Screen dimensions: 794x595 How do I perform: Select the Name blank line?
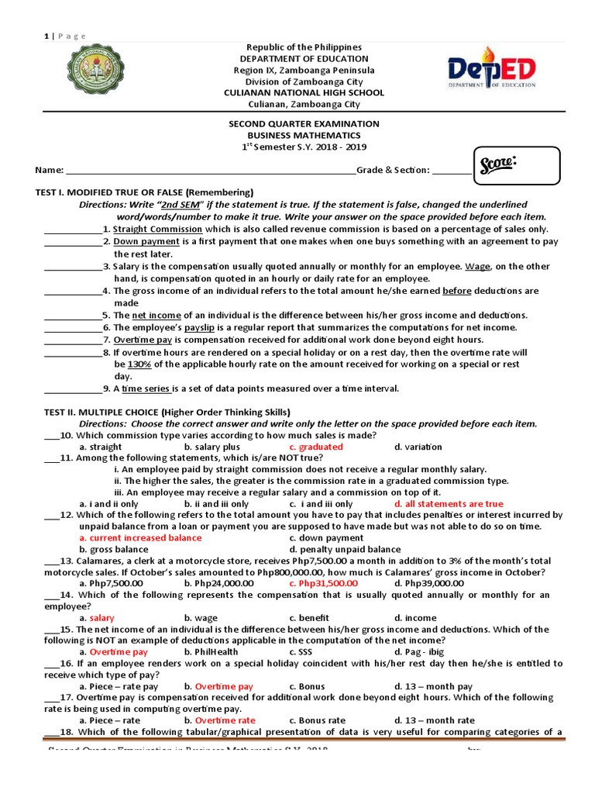210,171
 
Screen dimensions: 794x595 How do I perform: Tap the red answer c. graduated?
315,447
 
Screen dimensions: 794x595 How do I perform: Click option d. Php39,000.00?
428,583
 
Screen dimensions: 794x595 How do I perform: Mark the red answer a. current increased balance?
136,537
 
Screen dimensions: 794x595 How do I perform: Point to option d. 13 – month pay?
433,686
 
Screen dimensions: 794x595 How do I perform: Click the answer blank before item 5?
72,316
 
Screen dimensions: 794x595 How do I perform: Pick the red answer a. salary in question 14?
97,618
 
